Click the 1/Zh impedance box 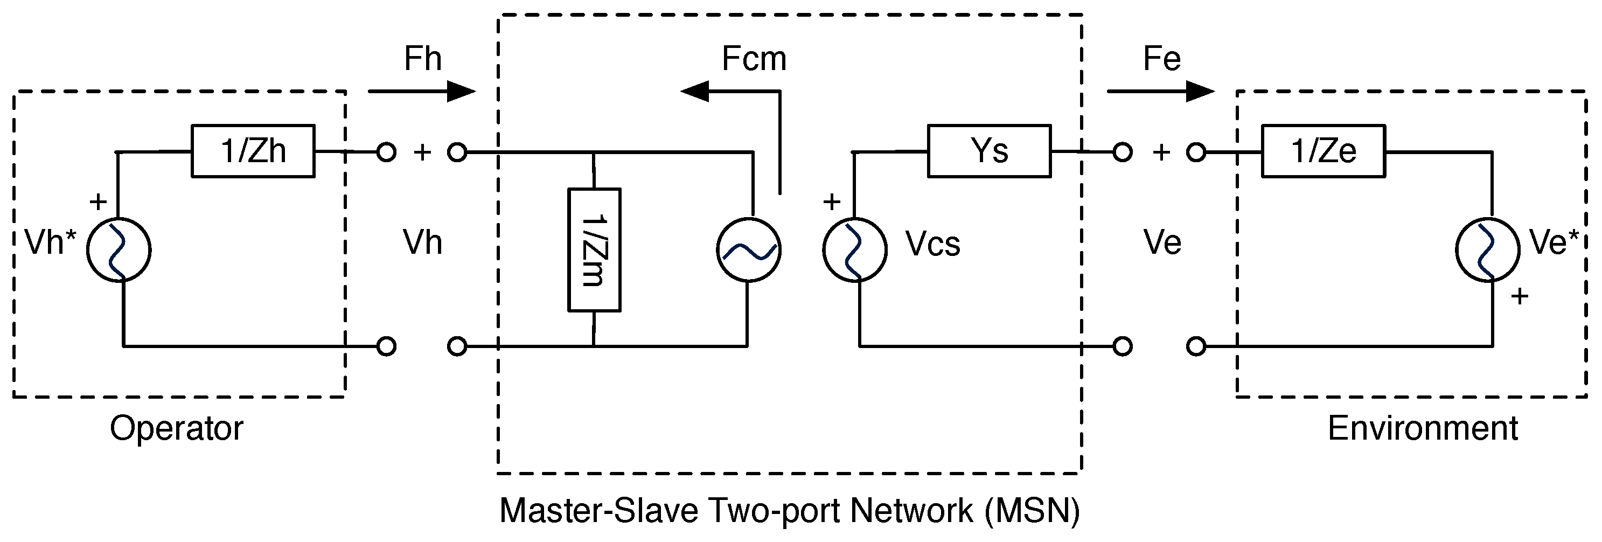coord(253,151)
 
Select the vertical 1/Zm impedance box coord(594,249)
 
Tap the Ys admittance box coord(989,151)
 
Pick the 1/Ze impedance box coord(1323,151)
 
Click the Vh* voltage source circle coord(119,250)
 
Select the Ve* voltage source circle coord(1487,250)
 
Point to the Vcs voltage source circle coord(854,250)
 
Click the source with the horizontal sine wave coord(749,250)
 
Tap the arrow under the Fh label coord(422,92)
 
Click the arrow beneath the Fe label coord(1160,92)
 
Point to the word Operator coord(177,429)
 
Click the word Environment coord(1423,429)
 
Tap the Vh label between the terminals coord(422,242)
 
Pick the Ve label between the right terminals coord(1162,242)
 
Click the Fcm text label coord(754,59)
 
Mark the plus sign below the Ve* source coord(1519,296)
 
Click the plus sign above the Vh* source coord(98,201)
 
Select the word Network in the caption coord(911,511)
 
